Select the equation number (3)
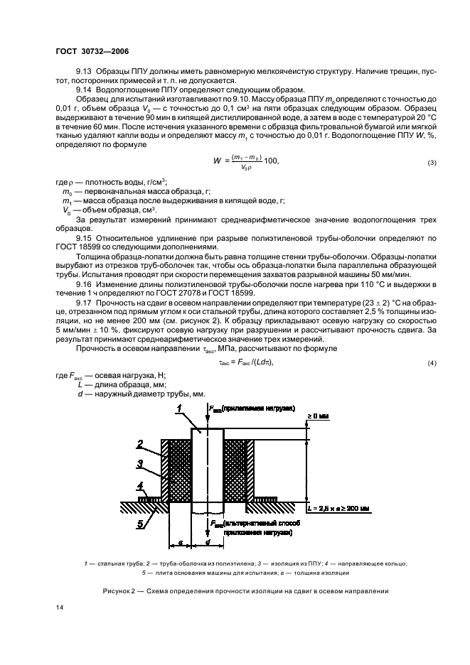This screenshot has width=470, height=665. pyautogui.click(x=432, y=163)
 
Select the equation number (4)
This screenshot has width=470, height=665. pyautogui.click(x=432, y=363)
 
